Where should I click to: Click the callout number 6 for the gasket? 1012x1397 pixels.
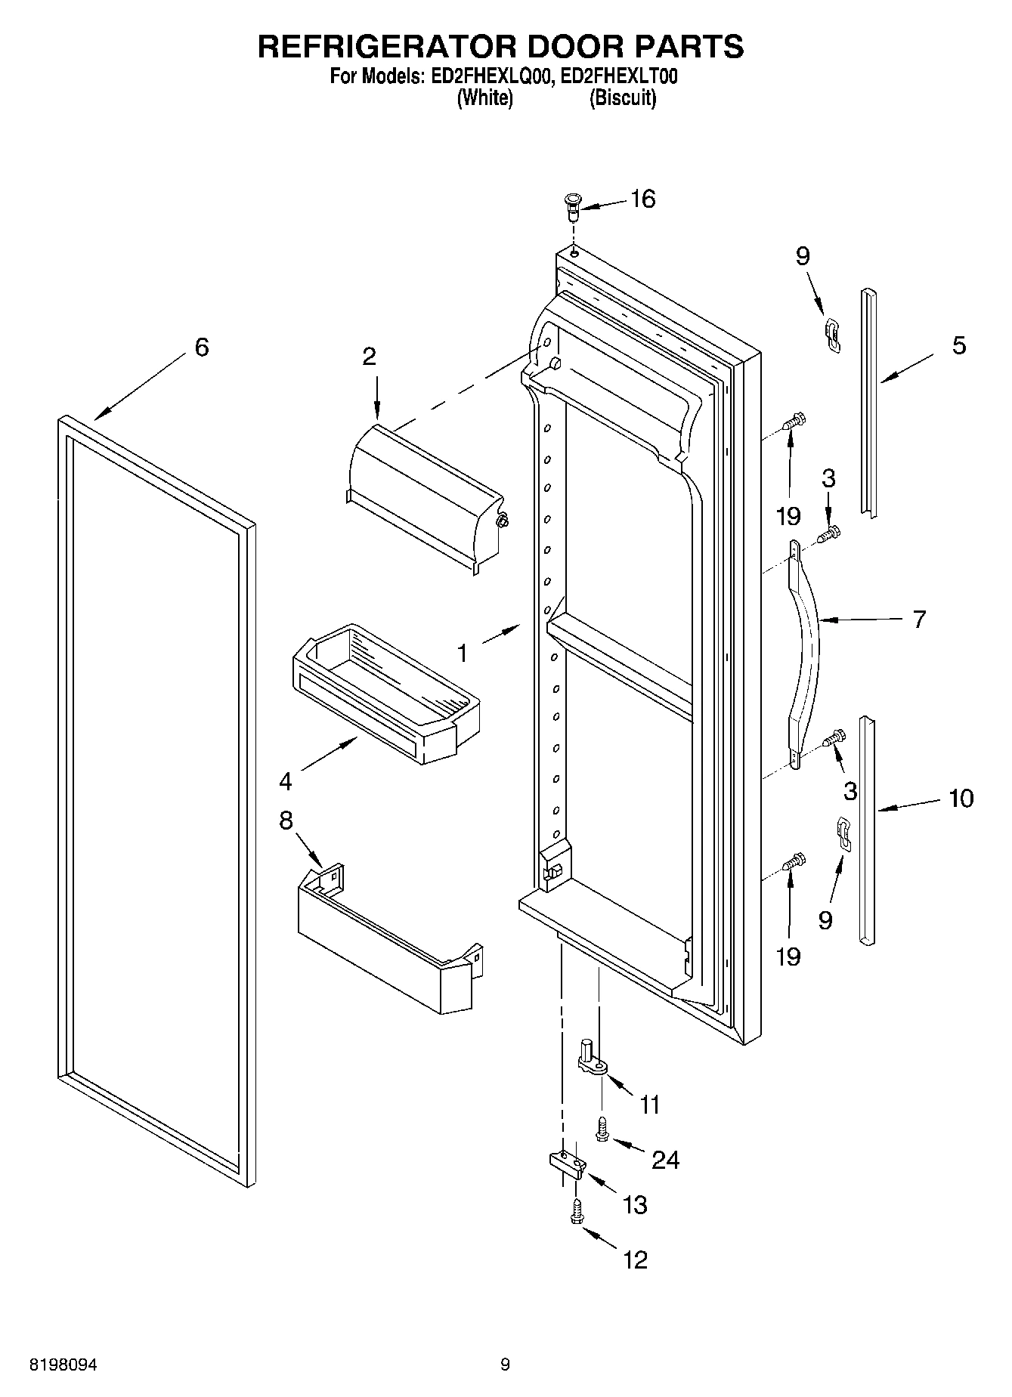(x=201, y=348)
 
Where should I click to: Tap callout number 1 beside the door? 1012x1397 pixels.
(x=463, y=652)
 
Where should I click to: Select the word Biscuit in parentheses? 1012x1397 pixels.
(x=622, y=98)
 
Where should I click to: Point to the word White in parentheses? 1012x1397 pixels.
(x=485, y=98)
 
